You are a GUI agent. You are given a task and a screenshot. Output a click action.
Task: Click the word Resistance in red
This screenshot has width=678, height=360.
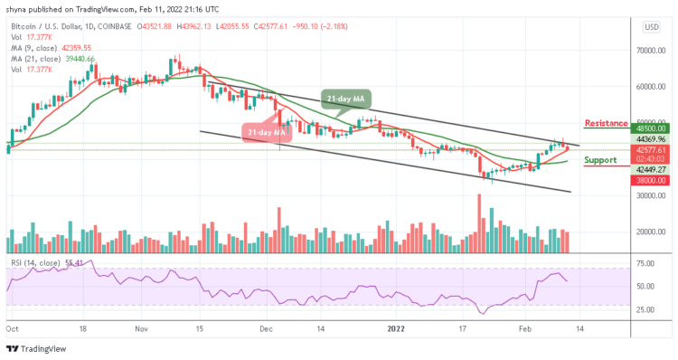[607, 123]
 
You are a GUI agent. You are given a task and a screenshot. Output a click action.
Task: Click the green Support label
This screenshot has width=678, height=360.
[601, 160]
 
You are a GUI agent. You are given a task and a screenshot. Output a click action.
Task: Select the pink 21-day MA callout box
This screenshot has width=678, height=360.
[265, 132]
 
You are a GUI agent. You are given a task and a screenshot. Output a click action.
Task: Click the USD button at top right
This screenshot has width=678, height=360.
[649, 27]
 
